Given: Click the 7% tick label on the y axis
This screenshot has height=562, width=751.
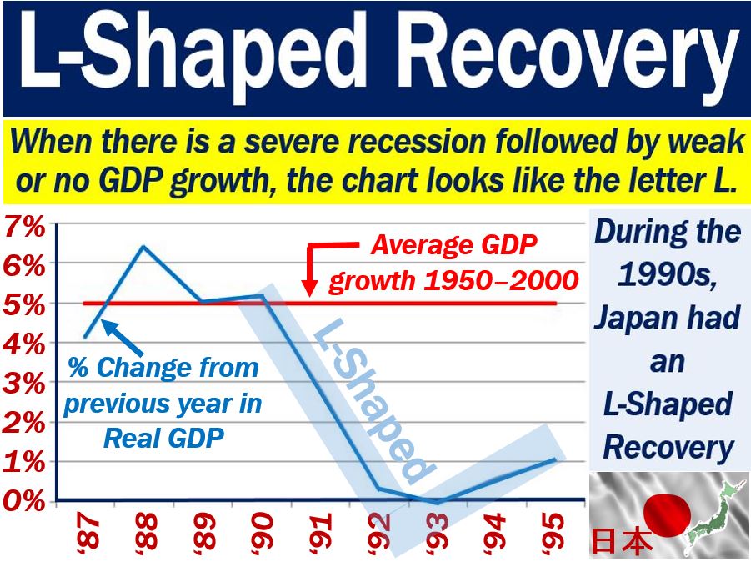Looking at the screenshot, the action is pyautogui.click(x=24, y=227).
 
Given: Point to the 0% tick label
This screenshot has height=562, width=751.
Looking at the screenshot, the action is pyautogui.click(x=24, y=500).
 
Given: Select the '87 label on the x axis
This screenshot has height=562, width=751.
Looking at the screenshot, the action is pyautogui.click(x=88, y=532).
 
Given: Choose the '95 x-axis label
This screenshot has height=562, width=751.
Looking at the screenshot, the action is pyautogui.click(x=553, y=532).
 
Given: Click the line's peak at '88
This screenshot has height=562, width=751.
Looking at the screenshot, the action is pyautogui.click(x=143, y=247).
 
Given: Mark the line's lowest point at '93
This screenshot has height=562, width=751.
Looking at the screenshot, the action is pyautogui.click(x=438, y=502).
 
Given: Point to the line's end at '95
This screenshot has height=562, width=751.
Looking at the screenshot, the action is pyautogui.click(x=555, y=459).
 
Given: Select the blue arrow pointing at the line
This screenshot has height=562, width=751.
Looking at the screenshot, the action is pyautogui.click(x=123, y=338).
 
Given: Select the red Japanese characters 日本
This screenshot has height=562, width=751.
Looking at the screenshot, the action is pyautogui.click(x=622, y=541).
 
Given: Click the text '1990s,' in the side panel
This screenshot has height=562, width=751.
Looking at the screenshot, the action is pyautogui.click(x=667, y=274).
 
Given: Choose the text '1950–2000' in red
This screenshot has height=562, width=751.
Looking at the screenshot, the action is pyautogui.click(x=501, y=280).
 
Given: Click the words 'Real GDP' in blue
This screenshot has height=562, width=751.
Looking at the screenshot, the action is pyautogui.click(x=164, y=438).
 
